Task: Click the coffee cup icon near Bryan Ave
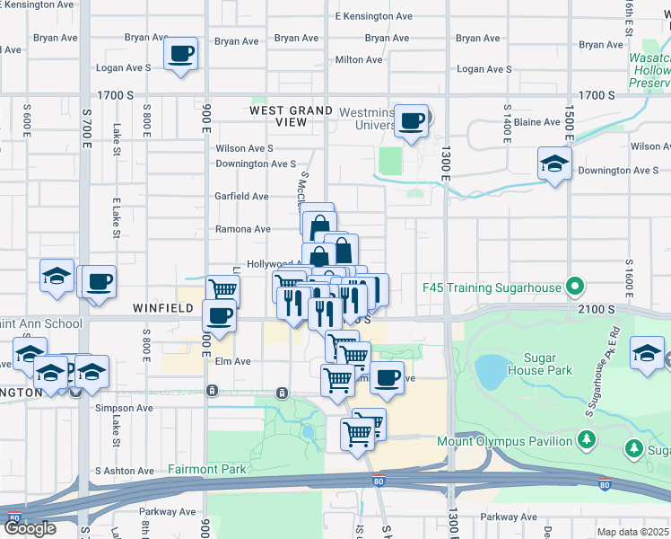click(x=180, y=54)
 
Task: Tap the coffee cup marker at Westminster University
click(x=412, y=121)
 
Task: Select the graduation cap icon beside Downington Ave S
click(x=554, y=164)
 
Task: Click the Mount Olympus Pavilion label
click(x=505, y=441)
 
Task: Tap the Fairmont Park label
click(x=207, y=470)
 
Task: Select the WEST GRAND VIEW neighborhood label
click(x=291, y=116)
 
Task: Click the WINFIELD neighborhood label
click(x=163, y=308)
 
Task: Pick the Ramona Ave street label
click(x=242, y=229)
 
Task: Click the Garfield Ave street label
click(x=241, y=196)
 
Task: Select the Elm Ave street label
click(x=232, y=361)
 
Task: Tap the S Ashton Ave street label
click(x=125, y=471)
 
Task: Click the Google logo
click(x=30, y=527)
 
